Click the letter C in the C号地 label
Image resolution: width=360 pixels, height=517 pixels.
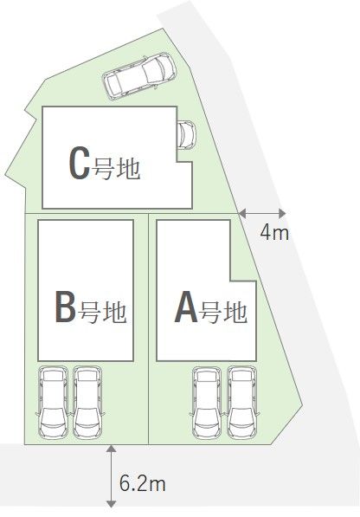click(x=80, y=163)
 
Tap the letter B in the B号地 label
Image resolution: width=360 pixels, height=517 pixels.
click(x=66, y=307)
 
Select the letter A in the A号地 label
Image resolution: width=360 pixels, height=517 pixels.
click(x=186, y=307)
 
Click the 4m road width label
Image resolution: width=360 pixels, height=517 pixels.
click(x=274, y=233)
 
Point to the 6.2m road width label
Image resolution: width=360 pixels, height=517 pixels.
click(x=142, y=484)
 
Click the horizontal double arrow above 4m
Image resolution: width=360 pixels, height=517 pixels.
click(x=262, y=214)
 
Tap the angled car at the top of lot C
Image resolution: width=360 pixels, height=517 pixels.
click(x=139, y=75)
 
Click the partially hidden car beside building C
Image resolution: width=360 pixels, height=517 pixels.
click(x=186, y=135)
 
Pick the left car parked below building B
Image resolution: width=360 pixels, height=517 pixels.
click(x=54, y=402)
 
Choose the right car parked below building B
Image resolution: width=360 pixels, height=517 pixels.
click(x=87, y=402)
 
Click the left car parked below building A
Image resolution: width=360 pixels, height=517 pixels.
click(x=207, y=403)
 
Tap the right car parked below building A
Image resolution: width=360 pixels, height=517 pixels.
click(x=242, y=403)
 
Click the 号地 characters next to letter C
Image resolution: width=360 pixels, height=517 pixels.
click(x=116, y=169)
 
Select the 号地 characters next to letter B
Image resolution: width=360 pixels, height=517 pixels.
click(x=103, y=312)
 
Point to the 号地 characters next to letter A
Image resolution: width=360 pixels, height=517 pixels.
click(x=224, y=312)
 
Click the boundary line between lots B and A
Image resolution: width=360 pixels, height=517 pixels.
click(x=149, y=329)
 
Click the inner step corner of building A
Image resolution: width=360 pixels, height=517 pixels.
click(x=230, y=281)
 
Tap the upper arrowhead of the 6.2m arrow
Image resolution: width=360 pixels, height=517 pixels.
click(x=112, y=448)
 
